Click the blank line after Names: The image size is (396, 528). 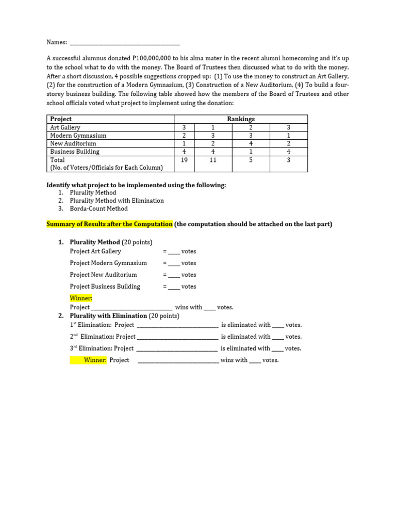124,43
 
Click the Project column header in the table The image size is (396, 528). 61,119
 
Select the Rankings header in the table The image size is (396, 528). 241,119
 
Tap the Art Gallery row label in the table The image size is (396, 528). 65,127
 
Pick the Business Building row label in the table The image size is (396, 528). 75,152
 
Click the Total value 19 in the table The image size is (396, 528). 184,160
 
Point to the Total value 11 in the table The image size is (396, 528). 212,160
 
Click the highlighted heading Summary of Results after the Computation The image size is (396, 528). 109,224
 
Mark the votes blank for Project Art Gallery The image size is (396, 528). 174,252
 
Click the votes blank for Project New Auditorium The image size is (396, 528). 174,275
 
